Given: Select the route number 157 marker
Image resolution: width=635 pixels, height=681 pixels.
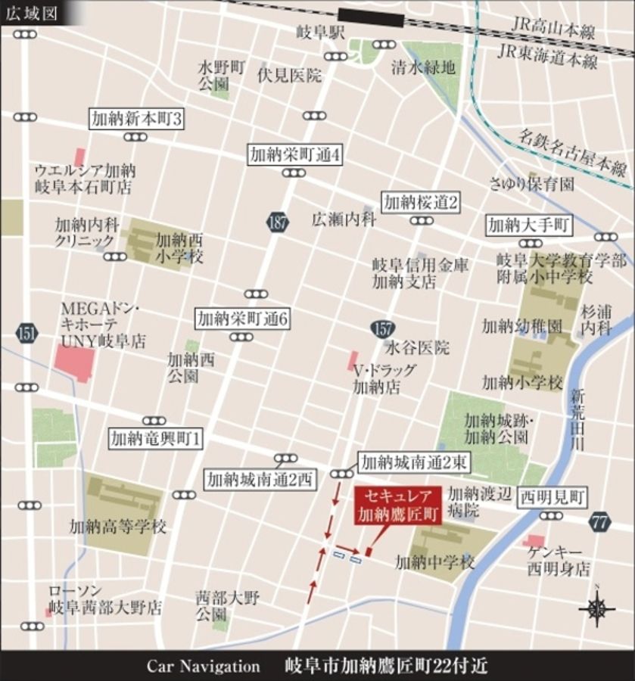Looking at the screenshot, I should (383, 328).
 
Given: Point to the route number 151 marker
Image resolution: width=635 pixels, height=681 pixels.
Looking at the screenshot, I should (27, 334).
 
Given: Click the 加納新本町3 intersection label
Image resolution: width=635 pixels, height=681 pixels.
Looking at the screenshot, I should (137, 119).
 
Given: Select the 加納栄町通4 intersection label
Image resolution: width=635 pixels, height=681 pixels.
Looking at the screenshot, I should (296, 155).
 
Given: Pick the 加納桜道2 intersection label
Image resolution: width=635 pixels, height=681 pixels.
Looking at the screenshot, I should (421, 202).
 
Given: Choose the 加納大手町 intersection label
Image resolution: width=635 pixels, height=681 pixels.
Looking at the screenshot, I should (529, 225).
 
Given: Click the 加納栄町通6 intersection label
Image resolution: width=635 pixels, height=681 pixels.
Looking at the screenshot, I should (242, 319).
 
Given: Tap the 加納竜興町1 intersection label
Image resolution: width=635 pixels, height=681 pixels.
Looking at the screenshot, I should (157, 437).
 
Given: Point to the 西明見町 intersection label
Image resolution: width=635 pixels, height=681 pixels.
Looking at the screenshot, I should (553, 497).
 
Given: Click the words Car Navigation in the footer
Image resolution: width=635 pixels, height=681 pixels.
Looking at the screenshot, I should (203, 666).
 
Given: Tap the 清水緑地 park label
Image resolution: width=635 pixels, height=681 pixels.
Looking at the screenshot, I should (423, 68).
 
